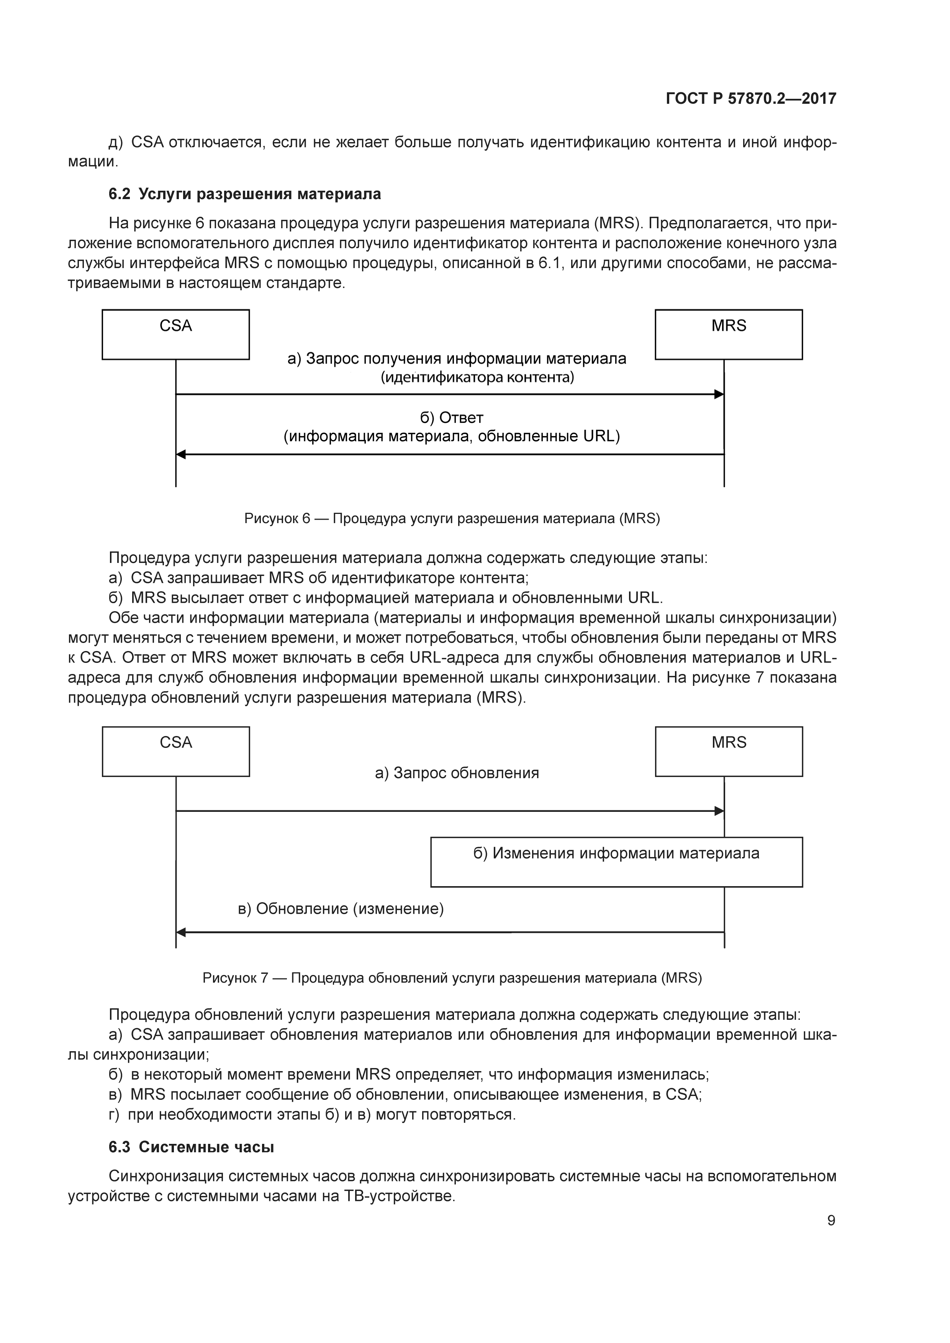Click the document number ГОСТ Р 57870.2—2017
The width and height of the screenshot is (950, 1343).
pyautogui.click(x=750, y=98)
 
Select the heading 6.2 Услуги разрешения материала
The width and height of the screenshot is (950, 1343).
pyautogui.click(x=244, y=194)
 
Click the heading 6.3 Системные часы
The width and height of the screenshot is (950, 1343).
pyautogui.click(x=191, y=1147)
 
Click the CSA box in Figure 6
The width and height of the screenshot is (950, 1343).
pyautogui.click(x=175, y=335)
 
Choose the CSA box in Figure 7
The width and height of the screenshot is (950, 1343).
pyautogui.click(x=175, y=752)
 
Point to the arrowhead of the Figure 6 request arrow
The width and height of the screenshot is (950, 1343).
pyautogui.click(x=719, y=394)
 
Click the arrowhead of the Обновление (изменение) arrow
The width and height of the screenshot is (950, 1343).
pyautogui.click(x=181, y=932)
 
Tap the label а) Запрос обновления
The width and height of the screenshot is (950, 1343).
pyautogui.click(x=457, y=773)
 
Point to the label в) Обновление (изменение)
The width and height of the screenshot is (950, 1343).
pyautogui.click(x=341, y=908)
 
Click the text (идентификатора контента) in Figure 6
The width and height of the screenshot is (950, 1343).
pyautogui.click(x=477, y=377)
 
